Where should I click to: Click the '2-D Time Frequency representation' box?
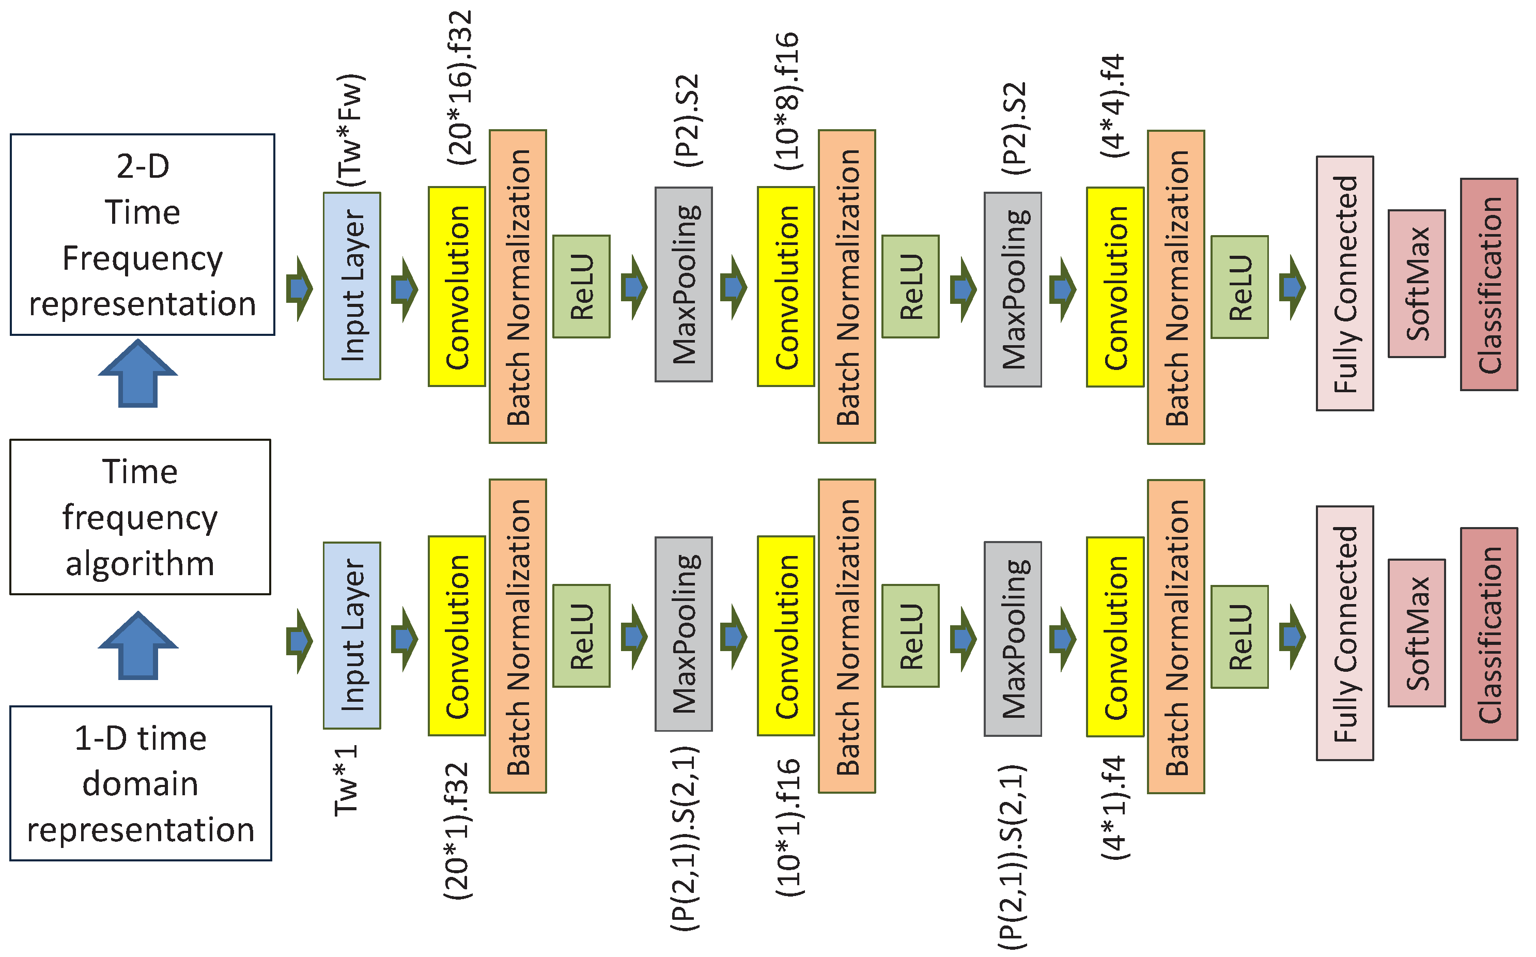point(143,234)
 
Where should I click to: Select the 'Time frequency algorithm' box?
point(140,517)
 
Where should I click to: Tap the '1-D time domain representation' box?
point(141,783)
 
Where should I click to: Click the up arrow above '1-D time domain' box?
point(138,645)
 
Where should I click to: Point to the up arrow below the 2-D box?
point(138,374)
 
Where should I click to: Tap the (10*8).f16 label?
point(787,101)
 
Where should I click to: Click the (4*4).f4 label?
point(1114,106)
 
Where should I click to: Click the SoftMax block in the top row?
point(1417,284)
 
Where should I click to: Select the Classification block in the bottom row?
point(1488,634)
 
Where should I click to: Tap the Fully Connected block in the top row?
point(1344,284)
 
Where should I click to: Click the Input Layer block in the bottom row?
point(352,636)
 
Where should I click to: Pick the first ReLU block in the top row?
point(581,287)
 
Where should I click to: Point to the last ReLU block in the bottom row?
point(1239,637)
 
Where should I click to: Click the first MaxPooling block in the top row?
point(683,284)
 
